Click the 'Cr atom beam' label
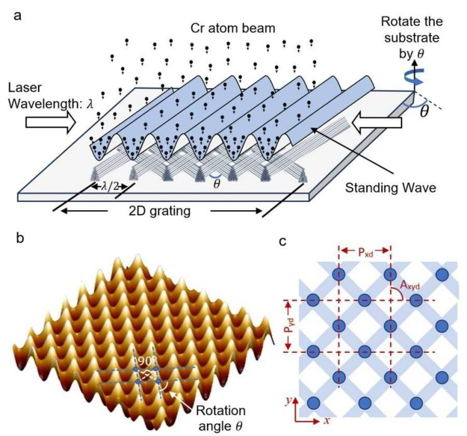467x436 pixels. coord(233,28)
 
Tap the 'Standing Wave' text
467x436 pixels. coord(390,188)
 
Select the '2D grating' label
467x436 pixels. coord(160,211)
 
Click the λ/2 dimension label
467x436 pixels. coord(110,186)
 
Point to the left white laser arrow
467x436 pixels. coord(50,122)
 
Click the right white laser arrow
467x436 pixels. coord(377,122)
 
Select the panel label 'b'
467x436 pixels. coord(20,238)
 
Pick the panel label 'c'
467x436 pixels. coord(283,242)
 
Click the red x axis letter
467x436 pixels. coord(327,420)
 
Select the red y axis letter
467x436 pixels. coord(288,401)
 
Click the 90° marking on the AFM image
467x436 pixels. coord(145,361)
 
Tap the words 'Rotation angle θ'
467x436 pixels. coord(220,418)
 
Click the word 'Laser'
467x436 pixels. coord(25,87)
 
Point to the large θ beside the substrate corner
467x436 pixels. coord(424,111)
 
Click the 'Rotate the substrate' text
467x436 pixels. coord(412,30)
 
